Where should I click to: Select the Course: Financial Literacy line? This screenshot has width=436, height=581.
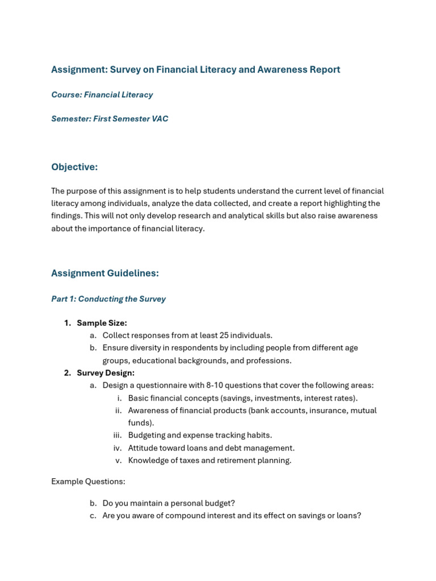pyautogui.click(x=102, y=95)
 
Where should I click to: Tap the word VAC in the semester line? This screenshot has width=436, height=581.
pyautogui.click(x=159, y=119)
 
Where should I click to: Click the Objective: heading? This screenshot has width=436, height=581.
pyautogui.click(x=74, y=167)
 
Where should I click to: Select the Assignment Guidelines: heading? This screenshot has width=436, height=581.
pyautogui.click(x=105, y=273)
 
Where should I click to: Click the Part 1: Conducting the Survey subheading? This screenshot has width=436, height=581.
pyautogui.click(x=108, y=299)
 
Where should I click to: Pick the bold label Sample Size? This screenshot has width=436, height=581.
pyautogui.click(x=102, y=323)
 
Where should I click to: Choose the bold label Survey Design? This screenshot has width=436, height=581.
pyautogui.click(x=106, y=373)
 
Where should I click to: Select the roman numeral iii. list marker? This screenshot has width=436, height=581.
pyautogui.click(x=118, y=435)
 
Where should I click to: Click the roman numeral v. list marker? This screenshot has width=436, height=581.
pyautogui.click(x=119, y=460)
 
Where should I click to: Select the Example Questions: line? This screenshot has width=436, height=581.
pyautogui.click(x=88, y=482)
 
